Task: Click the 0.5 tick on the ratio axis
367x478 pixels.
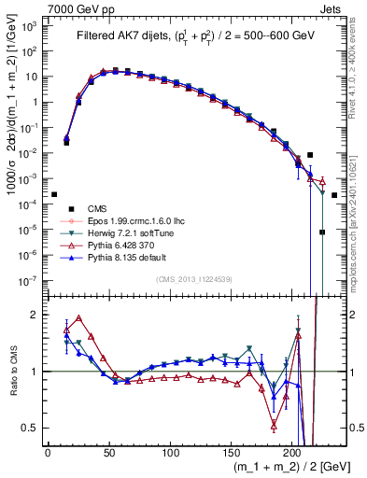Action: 31,429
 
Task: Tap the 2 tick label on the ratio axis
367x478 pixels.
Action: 35,315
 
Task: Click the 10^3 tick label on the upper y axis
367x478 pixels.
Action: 27,26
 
